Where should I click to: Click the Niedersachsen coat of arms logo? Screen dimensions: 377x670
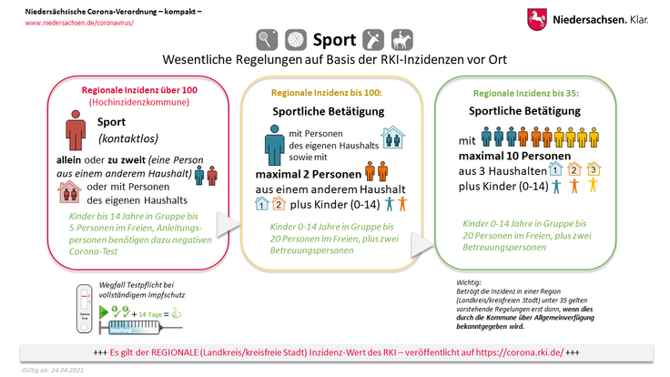pos(537,18)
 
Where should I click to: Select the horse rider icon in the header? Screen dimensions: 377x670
pos(401,41)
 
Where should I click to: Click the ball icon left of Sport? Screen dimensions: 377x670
pos(297,41)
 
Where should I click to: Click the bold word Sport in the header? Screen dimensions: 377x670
pos(334,41)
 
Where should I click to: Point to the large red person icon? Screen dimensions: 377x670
pos(76,129)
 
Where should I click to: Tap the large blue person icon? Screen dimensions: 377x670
pos(272,145)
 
